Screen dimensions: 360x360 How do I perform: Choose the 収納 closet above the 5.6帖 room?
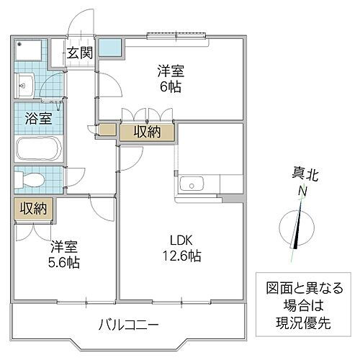click(32, 209)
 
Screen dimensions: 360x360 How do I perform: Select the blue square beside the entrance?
click(111, 48)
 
